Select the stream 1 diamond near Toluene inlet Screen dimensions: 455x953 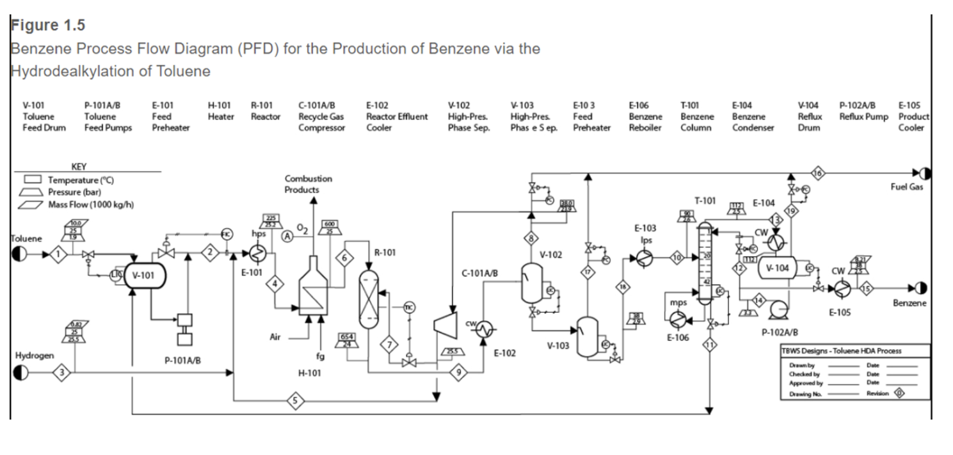59,254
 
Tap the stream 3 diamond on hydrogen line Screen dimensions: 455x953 62,372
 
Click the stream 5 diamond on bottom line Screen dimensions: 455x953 295,401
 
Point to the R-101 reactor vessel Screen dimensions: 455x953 369,299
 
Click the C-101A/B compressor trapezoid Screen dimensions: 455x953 445,325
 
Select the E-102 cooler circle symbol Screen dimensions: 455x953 483,329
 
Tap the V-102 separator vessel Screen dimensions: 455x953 531,283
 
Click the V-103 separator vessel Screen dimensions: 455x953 587,337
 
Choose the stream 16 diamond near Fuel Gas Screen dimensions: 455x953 817,173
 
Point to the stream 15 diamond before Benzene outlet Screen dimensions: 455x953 866,289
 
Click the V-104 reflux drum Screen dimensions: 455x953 777,268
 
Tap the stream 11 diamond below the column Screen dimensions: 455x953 709,345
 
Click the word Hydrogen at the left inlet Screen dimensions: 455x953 34,355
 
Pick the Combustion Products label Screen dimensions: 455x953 308,184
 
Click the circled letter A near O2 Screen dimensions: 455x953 288,236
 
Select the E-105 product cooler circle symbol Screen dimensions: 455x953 841,289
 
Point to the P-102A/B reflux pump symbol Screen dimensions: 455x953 779,309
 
